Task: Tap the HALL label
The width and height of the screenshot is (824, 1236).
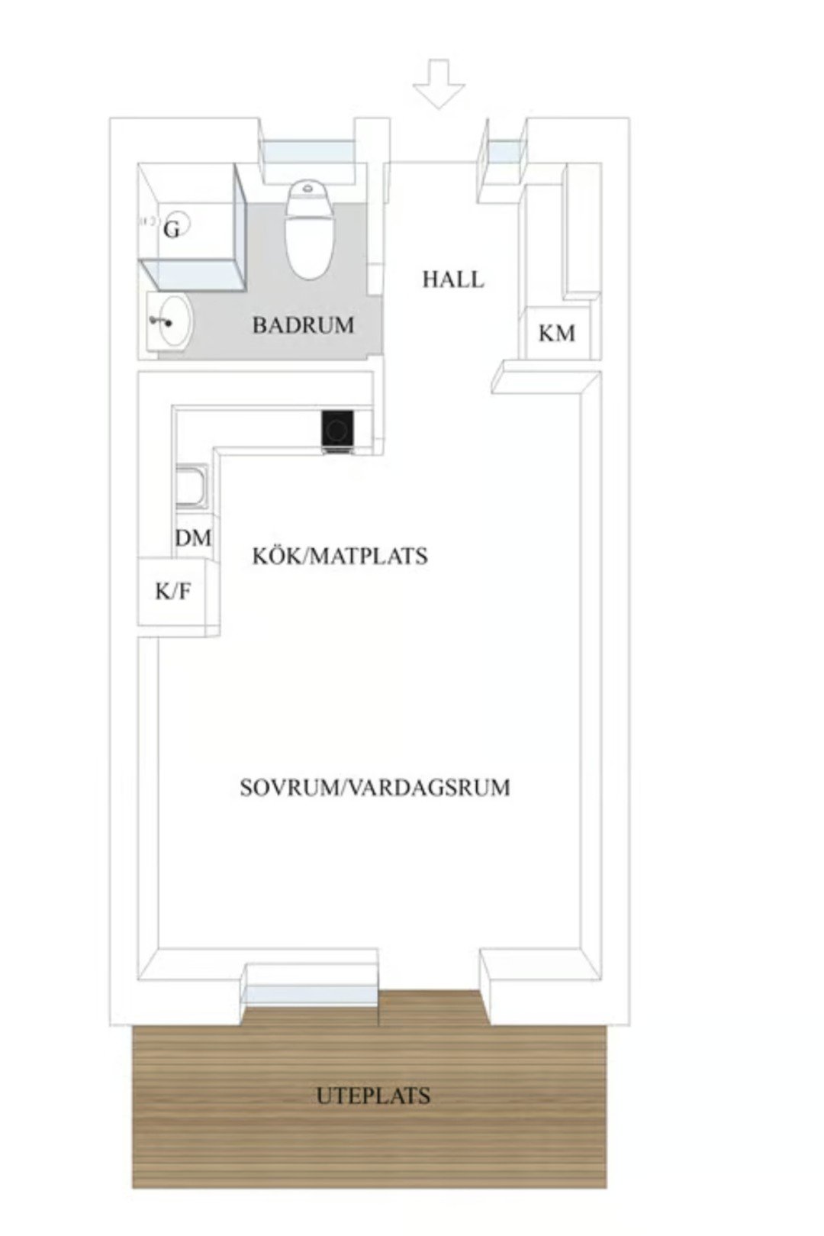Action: point(452,279)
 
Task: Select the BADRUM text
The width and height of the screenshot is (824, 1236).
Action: point(304,325)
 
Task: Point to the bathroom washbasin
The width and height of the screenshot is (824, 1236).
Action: point(169,321)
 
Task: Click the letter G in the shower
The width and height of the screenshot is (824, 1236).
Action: point(171,229)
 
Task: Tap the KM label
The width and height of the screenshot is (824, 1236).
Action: point(557,334)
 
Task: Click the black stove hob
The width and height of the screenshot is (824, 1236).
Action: point(337,428)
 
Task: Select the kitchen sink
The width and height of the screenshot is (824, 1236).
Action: point(192,486)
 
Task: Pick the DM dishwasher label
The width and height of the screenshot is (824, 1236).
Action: point(193,538)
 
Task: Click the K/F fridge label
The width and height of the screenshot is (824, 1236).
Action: point(173,592)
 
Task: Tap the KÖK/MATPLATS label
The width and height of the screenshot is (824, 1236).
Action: point(340,556)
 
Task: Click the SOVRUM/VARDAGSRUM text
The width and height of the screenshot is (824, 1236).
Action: point(375,787)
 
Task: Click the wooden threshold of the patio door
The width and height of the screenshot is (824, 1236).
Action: point(430,1008)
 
